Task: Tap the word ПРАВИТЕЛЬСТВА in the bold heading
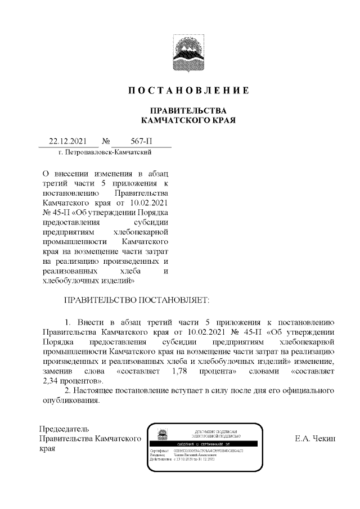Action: [x=187, y=110]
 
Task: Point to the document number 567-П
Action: [x=138, y=142]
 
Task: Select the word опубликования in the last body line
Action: [x=71, y=401]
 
